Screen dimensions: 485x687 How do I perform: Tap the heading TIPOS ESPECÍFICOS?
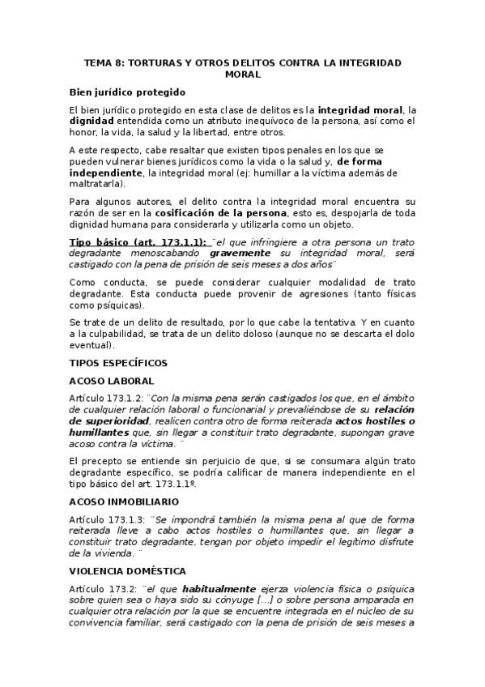(118, 361)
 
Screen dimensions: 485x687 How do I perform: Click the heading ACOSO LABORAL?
(112, 380)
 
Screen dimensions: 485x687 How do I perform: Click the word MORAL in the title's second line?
(244, 74)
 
